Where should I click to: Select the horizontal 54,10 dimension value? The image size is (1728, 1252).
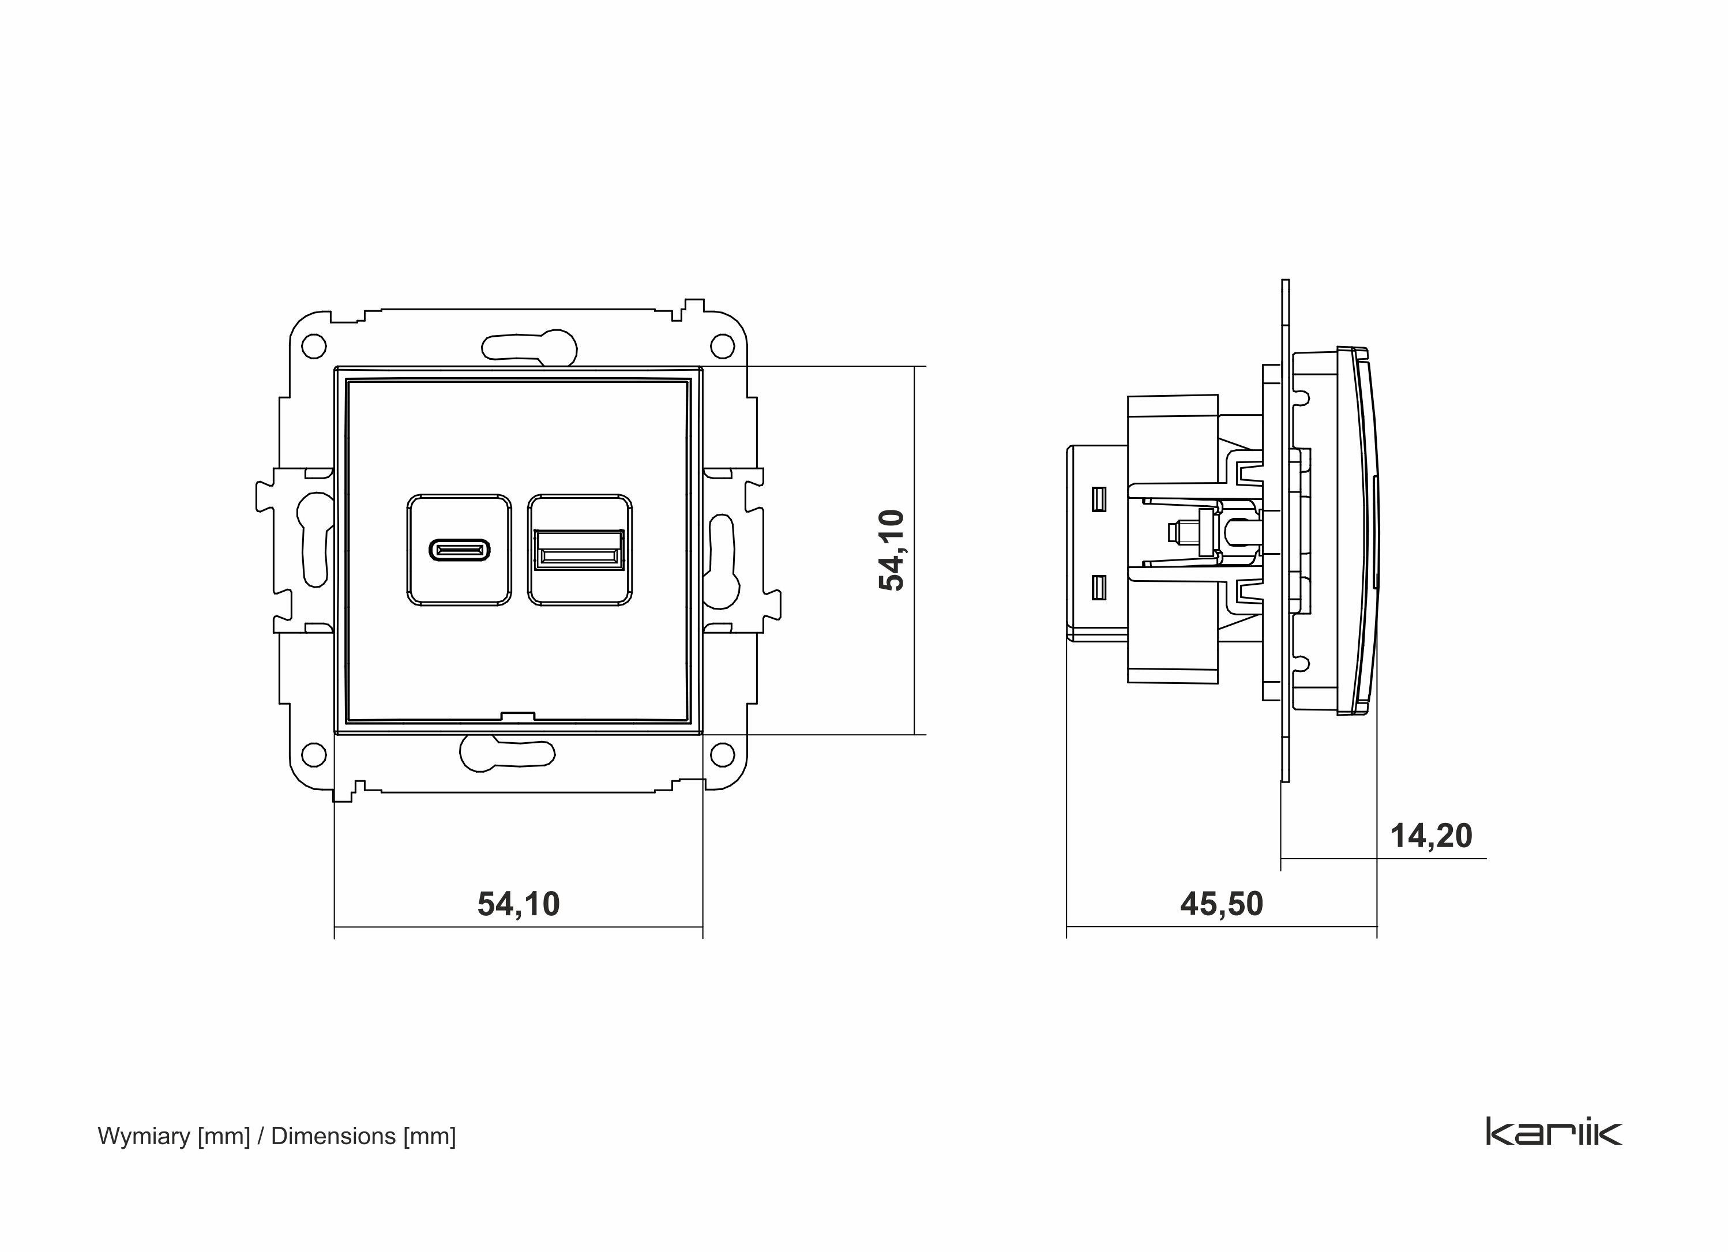(x=518, y=904)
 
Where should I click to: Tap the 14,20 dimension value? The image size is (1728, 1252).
(x=1431, y=836)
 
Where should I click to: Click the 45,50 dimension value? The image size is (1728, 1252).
(x=1222, y=904)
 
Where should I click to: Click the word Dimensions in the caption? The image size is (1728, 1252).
(x=333, y=1136)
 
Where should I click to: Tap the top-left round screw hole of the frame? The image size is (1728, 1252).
(x=314, y=347)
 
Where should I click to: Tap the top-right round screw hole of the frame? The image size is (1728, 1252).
(x=722, y=347)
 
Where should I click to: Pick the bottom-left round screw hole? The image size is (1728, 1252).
(x=314, y=754)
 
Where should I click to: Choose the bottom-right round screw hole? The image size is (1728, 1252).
(x=722, y=754)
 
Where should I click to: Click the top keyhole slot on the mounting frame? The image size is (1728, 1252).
(x=529, y=348)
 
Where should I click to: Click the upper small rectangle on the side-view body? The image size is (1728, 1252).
(x=1099, y=498)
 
